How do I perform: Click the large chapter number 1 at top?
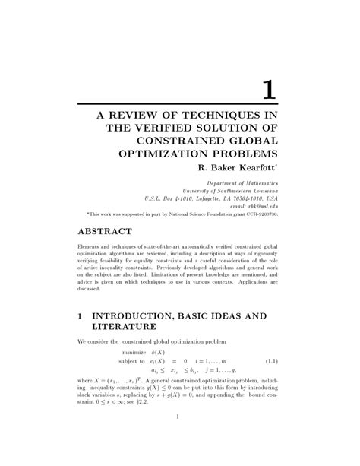pyautogui.click(x=267, y=90)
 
